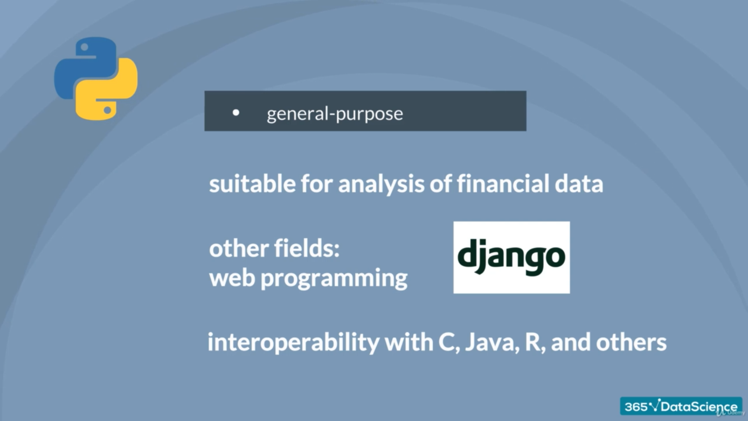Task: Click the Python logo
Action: pyautogui.click(x=96, y=78)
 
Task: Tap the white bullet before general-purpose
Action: pyautogui.click(x=236, y=113)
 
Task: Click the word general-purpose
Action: pyautogui.click(x=335, y=114)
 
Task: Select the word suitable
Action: pyautogui.click(x=252, y=184)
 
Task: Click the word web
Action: pyautogui.click(x=232, y=278)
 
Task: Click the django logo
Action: pyautogui.click(x=512, y=257)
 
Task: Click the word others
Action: pyautogui.click(x=631, y=342)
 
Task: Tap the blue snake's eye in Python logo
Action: pyautogui.click(x=85, y=48)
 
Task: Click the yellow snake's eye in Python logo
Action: pyautogui.click(x=107, y=110)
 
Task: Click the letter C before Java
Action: pyautogui.click(x=447, y=342)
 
